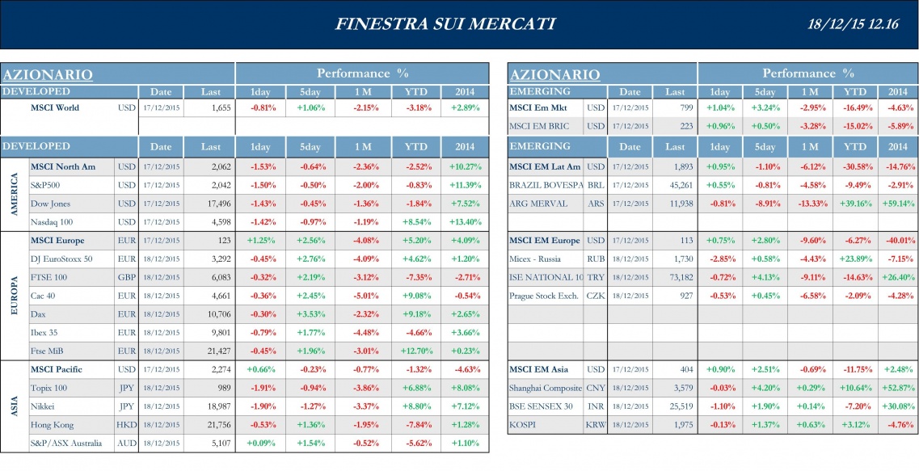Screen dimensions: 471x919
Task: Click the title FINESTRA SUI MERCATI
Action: (x=445, y=23)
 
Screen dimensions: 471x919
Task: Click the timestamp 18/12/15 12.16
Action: (x=854, y=23)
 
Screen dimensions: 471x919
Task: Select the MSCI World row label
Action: (x=55, y=107)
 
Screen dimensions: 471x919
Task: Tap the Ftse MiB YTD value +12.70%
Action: (x=416, y=351)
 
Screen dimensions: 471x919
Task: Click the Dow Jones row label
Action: (x=50, y=204)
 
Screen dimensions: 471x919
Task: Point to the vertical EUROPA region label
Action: (x=14, y=296)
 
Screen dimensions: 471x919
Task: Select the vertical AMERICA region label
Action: (x=14, y=194)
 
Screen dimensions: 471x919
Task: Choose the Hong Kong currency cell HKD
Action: (x=126, y=425)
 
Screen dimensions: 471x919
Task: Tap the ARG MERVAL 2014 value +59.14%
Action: (x=897, y=204)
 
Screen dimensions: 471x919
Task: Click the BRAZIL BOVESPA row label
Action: (x=546, y=185)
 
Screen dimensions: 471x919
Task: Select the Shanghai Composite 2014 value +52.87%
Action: (x=897, y=388)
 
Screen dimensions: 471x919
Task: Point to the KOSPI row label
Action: (x=525, y=425)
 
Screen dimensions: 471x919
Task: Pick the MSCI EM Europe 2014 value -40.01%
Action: (x=897, y=240)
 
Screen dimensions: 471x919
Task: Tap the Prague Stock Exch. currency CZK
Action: (x=595, y=296)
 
